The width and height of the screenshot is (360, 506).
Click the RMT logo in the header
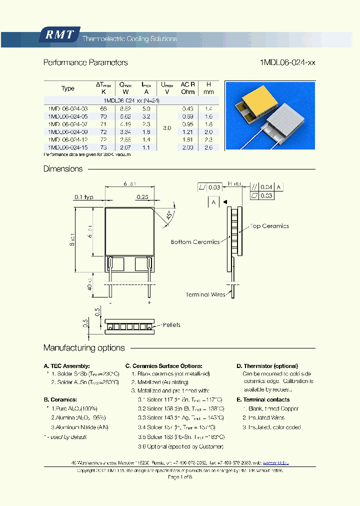[x=59, y=35]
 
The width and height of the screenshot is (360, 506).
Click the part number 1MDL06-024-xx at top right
[x=287, y=62]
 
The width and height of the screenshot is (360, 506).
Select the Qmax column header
[x=125, y=88]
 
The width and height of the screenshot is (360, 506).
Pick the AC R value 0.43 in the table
[x=187, y=108]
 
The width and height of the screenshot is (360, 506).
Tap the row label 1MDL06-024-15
[x=68, y=148]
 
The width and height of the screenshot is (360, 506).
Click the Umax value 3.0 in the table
[x=167, y=128]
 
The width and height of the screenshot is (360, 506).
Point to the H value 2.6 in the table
[x=209, y=148]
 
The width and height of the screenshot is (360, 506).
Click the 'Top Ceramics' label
[x=269, y=226]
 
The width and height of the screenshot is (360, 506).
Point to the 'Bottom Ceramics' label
[x=195, y=242]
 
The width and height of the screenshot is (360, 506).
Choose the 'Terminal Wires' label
[x=205, y=295]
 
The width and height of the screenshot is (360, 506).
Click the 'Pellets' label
[x=171, y=325]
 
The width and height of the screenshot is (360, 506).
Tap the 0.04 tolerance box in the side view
[x=266, y=187]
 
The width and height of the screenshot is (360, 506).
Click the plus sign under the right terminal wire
[x=149, y=303]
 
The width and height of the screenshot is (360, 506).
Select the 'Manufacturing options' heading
[x=84, y=348]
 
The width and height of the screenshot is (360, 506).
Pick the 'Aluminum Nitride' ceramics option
[x=80, y=427]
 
